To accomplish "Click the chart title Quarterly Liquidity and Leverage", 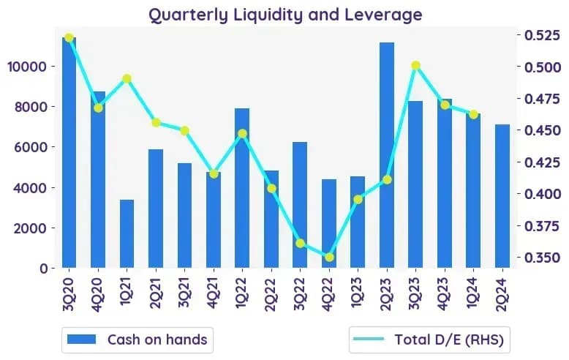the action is click(285, 15).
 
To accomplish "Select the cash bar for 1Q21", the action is click(127, 233).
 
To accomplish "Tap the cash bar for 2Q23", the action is click(387, 155).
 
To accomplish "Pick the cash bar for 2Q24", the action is click(502, 196).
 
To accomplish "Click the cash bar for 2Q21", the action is click(156, 209).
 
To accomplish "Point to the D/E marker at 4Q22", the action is click(329, 258).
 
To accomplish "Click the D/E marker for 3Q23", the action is click(416, 65).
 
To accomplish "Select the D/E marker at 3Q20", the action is click(69, 37).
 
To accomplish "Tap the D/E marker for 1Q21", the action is click(127, 78).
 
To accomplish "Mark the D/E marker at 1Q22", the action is click(242, 134).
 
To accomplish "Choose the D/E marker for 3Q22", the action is click(300, 244).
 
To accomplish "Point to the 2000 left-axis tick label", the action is click(31, 228).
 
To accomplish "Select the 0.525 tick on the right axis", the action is click(543, 35).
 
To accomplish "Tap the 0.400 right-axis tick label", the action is click(543, 194).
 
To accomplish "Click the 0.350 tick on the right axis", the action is click(543, 258).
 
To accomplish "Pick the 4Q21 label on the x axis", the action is click(214, 293).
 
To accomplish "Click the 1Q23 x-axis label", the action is click(358, 293).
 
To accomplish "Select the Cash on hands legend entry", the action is click(137, 340).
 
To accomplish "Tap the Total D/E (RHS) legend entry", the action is click(429, 340).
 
